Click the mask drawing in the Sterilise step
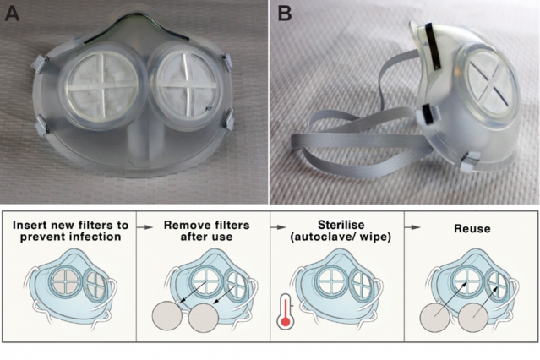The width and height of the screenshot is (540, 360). [x=335, y=287]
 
